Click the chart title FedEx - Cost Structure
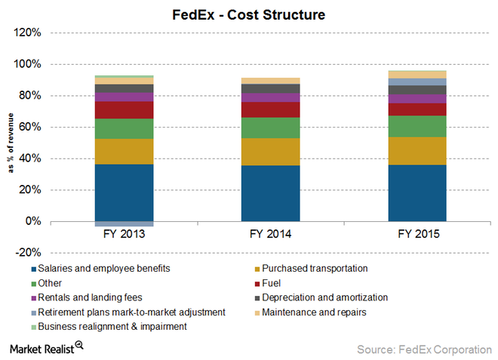[250, 14]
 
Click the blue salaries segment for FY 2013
[124, 192]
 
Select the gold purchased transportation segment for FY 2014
[271, 152]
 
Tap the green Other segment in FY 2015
[417, 126]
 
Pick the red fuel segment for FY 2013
[124, 110]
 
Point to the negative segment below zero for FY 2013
[124, 223]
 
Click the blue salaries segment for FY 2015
[417, 192]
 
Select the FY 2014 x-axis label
[271, 235]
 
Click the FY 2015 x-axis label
[417, 235]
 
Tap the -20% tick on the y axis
[27, 253]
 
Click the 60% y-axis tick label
[29, 127]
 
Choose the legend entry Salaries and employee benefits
[103, 269]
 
